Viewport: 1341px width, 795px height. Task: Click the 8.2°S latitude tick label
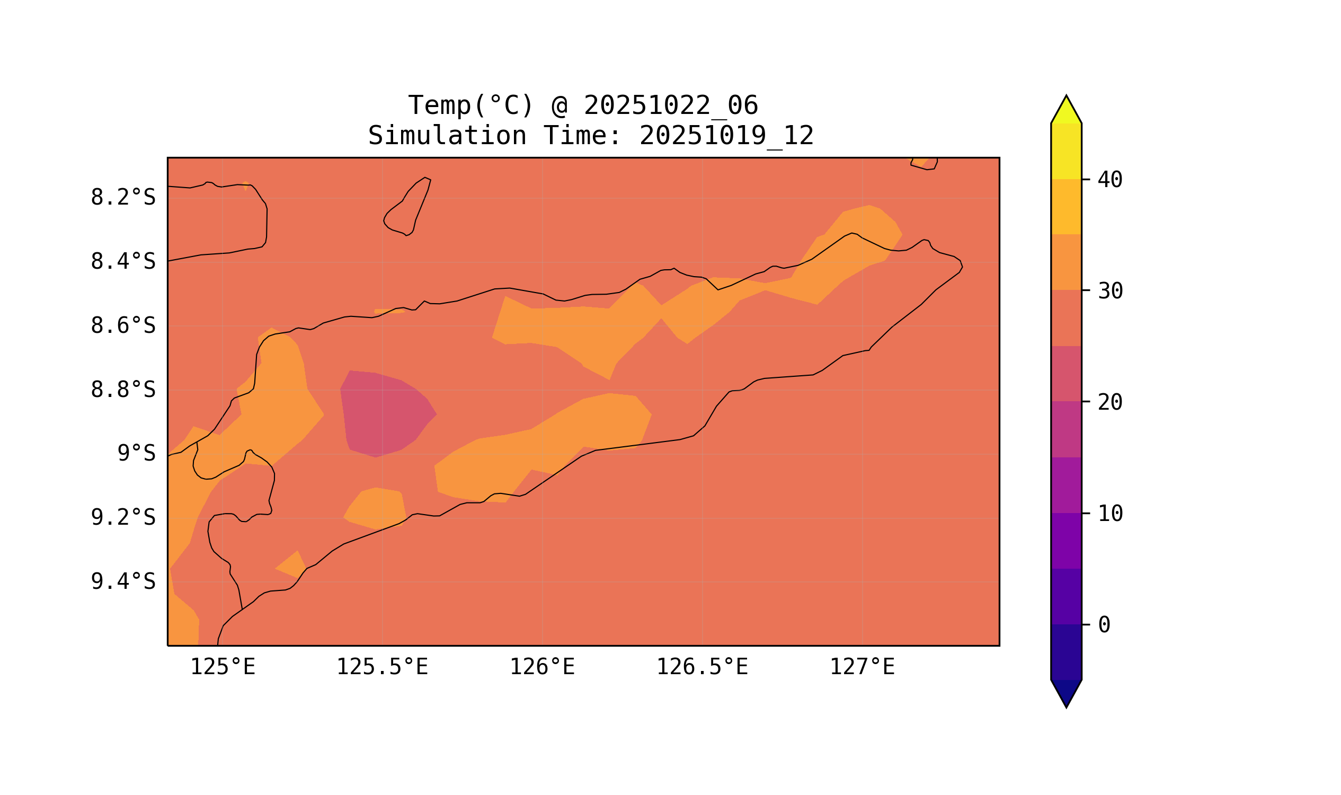pyautogui.click(x=122, y=198)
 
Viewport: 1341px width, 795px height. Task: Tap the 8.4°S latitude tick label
pyautogui.click(x=122, y=262)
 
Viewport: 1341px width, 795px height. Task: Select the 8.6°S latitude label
pyautogui.click(x=122, y=326)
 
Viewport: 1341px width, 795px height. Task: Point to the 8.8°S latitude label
pyautogui.click(x=122, y=390)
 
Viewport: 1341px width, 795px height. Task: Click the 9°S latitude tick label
pyautogui.click(x=136, y=454)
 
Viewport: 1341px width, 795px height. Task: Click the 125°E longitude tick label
pyautogui.click(x=223, y=667)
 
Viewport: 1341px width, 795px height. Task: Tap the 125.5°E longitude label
pyautogui.click(x=382, y=667)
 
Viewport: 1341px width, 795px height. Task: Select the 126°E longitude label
pyautogui.click(x=542, y=667)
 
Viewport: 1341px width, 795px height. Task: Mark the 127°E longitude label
pyautogui.click(x=862, y=667)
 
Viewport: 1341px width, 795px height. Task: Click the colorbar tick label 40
pyautogui.click(x=1109, y=180)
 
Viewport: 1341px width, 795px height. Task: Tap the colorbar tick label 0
pyautogui.click(x=1104, y=625)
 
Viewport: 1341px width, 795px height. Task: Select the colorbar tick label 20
pyautogui.click(x=1109, y=403)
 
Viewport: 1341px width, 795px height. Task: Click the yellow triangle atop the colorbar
pyautogui.click(x=1065, y=111)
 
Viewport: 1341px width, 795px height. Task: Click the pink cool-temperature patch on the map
pyautogui.click(x=386, y=412)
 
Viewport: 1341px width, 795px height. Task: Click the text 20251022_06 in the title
pyautogui.click(x=671, y=105)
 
